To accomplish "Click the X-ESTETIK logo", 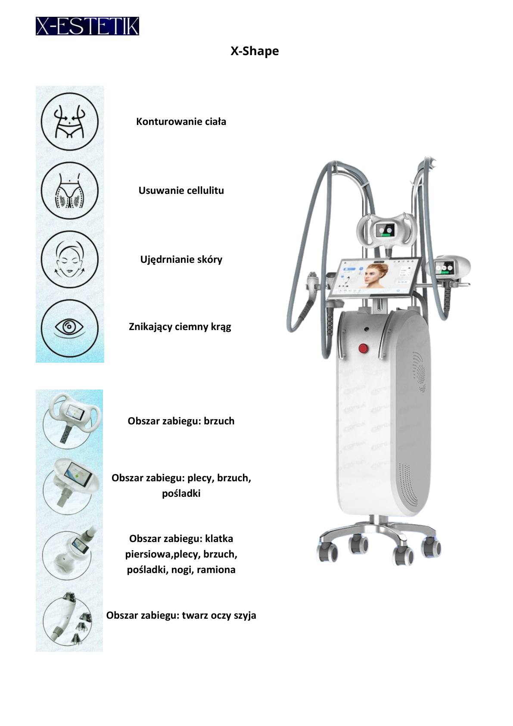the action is click(87, 26).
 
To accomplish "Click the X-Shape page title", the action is click(255, 51).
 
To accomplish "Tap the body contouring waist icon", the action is click(70, 122).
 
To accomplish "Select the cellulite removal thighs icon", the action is click(70, 190).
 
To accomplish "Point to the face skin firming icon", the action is click(70, 260).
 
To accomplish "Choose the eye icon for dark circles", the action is click(70, 328).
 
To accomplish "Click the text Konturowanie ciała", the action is click(181, 122).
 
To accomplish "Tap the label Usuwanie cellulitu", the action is click(181, 190).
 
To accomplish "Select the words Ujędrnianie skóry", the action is click(181, 260).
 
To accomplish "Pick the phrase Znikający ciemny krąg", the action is click(180, 327).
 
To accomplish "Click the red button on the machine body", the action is click(363, 349).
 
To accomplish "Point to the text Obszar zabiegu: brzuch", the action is click(181, 421).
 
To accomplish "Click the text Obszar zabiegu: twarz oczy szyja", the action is click(181, 615).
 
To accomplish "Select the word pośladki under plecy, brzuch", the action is click(181, 494).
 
